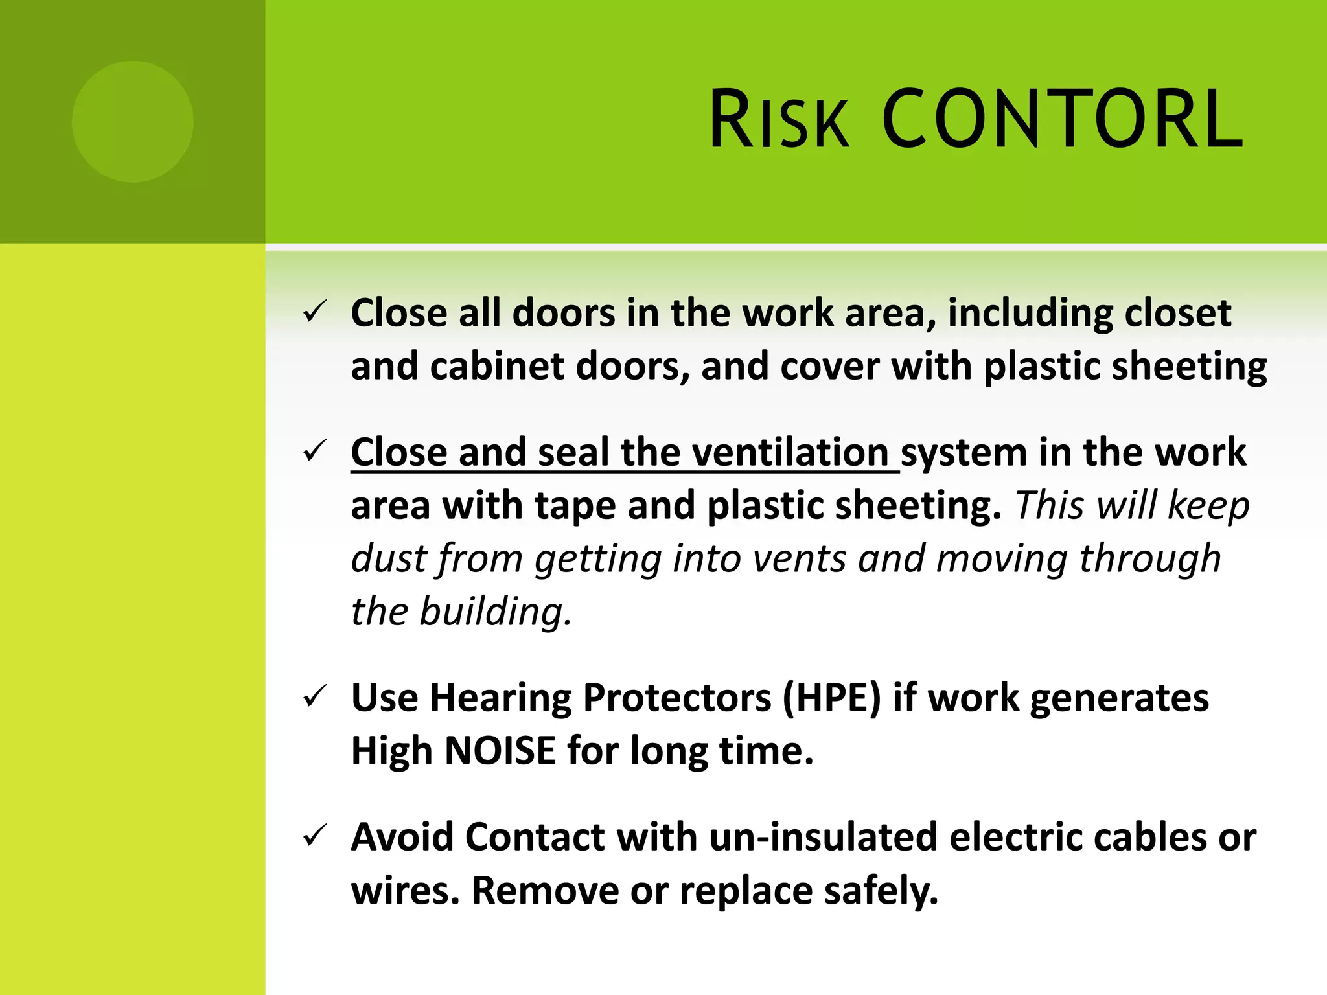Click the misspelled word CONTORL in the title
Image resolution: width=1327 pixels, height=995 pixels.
pyautogui.click(x=1063, y=120)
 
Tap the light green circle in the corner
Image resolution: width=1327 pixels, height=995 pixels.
pyautogui.click(x=132, y=122)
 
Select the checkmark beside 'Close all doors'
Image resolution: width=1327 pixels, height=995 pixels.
pyautogui.click(x=316, y=313)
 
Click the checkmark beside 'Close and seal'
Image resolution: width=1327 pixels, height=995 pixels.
pyautogui.click(x=316, y=452)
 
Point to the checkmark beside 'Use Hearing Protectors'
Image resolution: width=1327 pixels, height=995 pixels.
pyautogui.click(x=316, y=698)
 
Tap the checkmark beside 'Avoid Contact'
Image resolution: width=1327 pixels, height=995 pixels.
pyautogui.click(x=316, y=836)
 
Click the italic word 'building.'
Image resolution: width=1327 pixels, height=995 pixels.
pyautogui.click(x=496, y=612)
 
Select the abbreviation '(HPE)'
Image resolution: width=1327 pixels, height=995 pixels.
pyautogui.click(x=832, y=698)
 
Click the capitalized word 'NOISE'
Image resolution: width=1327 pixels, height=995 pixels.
pyautogui.click(x=500, y=751)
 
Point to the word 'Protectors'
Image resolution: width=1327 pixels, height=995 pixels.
pyautogui.click(x=677, y=698)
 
